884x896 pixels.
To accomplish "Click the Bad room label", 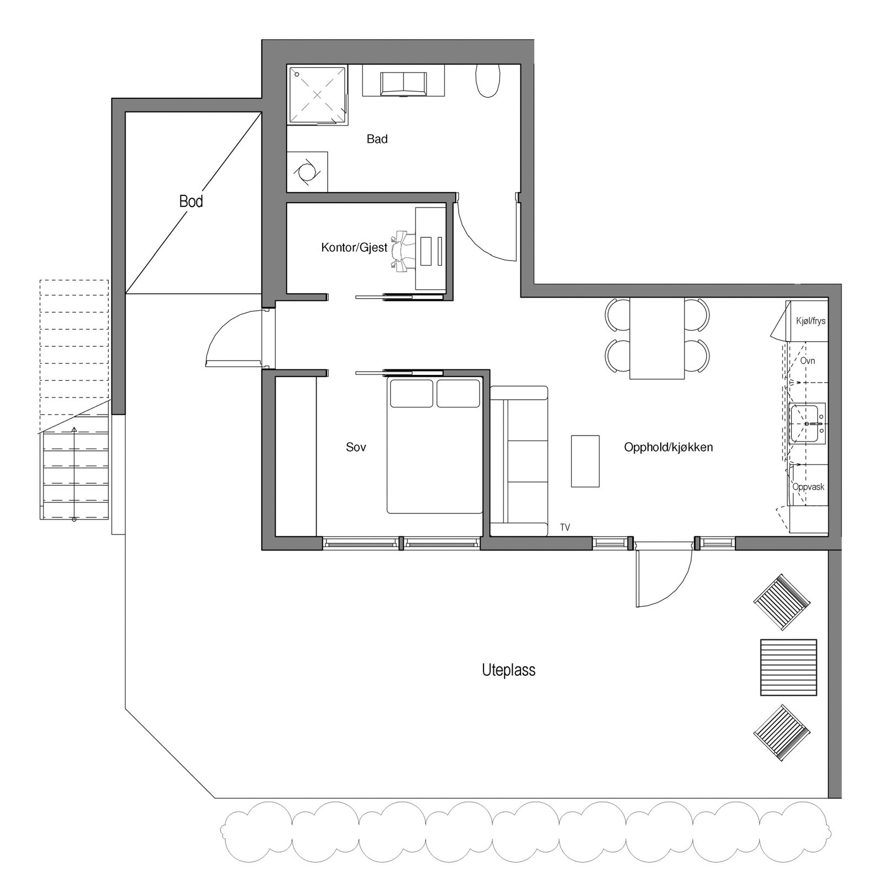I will tap(377, 139).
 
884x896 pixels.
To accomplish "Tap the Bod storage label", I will tap(191, 202).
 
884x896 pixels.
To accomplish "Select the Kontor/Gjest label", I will tap(354, 247).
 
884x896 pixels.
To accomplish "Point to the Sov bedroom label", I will tap(356, 447).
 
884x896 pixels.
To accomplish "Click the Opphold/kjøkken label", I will tap(668, 447).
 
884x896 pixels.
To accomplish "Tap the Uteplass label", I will tap(508, 670).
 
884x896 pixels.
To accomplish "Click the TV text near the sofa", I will tap(565, 528).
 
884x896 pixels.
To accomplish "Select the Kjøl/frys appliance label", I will tap(811, 321).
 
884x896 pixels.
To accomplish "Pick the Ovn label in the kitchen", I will tap(807, 361).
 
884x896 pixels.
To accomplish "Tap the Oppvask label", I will tap(808, 487).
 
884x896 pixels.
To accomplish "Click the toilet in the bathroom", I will tap(488, 81).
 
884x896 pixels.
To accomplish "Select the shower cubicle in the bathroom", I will tap(317, 95).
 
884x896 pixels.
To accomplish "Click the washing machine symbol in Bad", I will tap(307, 172).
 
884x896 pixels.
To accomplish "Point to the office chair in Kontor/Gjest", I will tap(403, 251).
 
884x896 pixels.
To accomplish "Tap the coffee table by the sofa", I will tap(585, 461).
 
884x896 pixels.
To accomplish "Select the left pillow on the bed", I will tap(412, 393).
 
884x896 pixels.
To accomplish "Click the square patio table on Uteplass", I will tap(788, 667).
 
